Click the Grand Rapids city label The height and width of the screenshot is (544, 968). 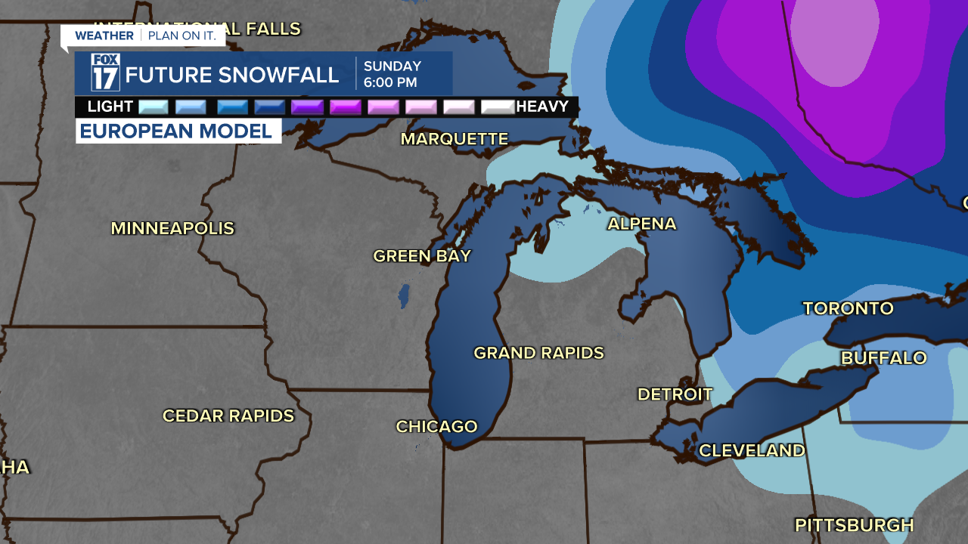538,353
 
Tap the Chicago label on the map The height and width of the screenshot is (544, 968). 436,427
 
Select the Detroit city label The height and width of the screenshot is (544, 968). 675,394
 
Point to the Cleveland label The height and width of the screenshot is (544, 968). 752,451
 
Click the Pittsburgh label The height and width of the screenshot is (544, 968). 854,525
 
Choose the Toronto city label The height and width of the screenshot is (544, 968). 848,308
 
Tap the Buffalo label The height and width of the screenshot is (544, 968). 883,358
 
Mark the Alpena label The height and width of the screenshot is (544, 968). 641,224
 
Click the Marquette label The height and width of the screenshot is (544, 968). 454,139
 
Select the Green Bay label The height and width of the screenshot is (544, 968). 422,256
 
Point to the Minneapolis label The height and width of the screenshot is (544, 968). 172,228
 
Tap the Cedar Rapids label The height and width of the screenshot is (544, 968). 228,416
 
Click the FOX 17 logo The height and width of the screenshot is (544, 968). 105,73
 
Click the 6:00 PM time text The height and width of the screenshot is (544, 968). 389,82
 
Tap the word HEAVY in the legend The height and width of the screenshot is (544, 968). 541,107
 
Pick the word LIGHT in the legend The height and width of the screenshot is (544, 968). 110,107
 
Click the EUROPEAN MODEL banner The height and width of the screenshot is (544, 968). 176,131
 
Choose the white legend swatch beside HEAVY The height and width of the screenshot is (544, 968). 498,107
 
